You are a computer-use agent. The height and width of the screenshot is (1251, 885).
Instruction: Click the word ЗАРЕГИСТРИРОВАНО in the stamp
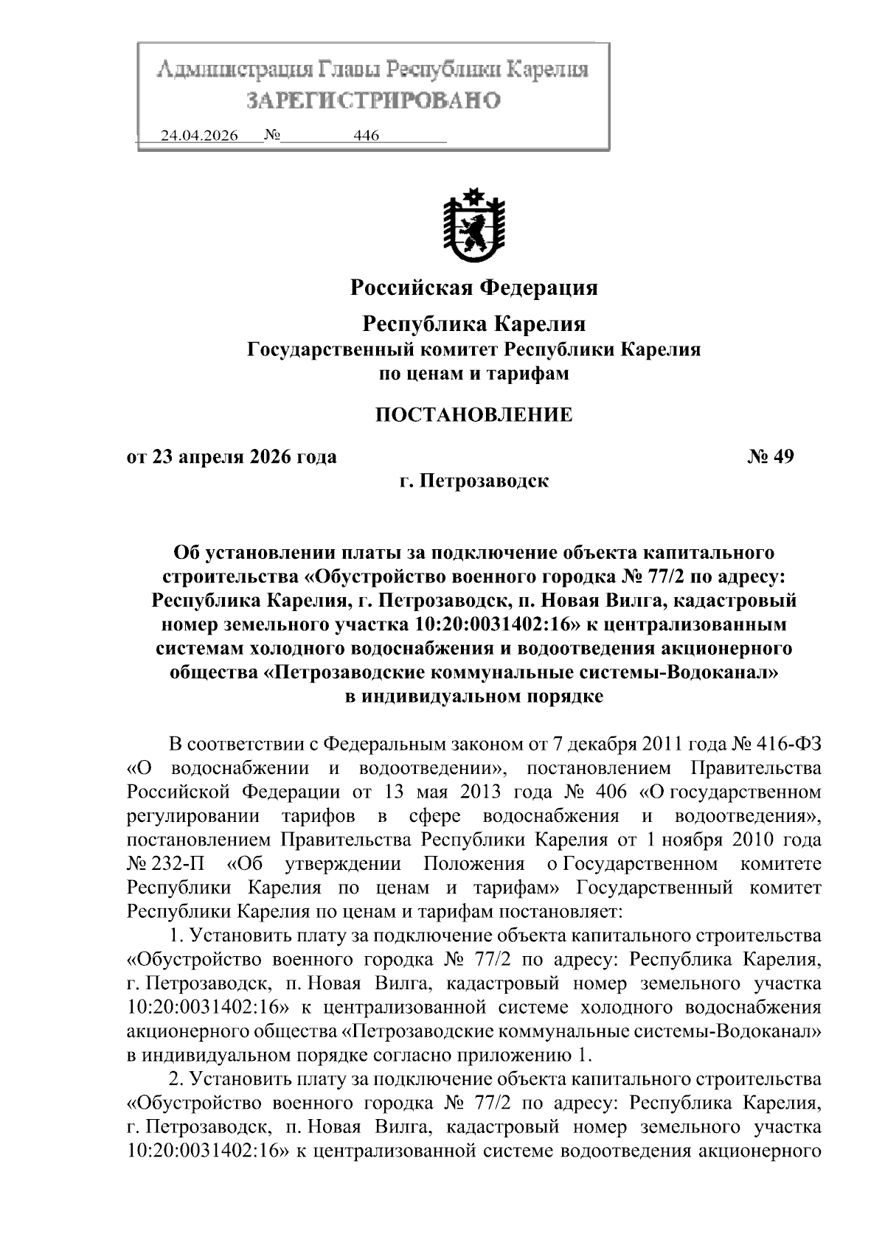(372, 100)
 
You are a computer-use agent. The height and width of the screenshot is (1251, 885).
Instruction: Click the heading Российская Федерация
(473, 288)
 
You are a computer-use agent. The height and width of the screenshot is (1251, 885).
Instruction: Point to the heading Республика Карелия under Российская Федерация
(474, 324)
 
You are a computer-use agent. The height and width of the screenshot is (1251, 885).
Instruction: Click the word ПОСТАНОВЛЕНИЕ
(473, 414)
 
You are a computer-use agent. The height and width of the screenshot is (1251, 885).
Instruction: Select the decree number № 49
(771, 457)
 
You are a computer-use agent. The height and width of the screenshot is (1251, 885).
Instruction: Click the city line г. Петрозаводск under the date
(473, 481)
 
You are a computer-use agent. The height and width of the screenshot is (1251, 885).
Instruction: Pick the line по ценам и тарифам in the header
(473, 374)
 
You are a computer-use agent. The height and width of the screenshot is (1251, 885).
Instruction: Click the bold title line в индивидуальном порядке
(473, 696)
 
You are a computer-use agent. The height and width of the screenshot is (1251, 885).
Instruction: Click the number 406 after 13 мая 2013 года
(610, 792)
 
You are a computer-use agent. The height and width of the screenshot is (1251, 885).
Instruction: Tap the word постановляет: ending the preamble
(563, 911)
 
